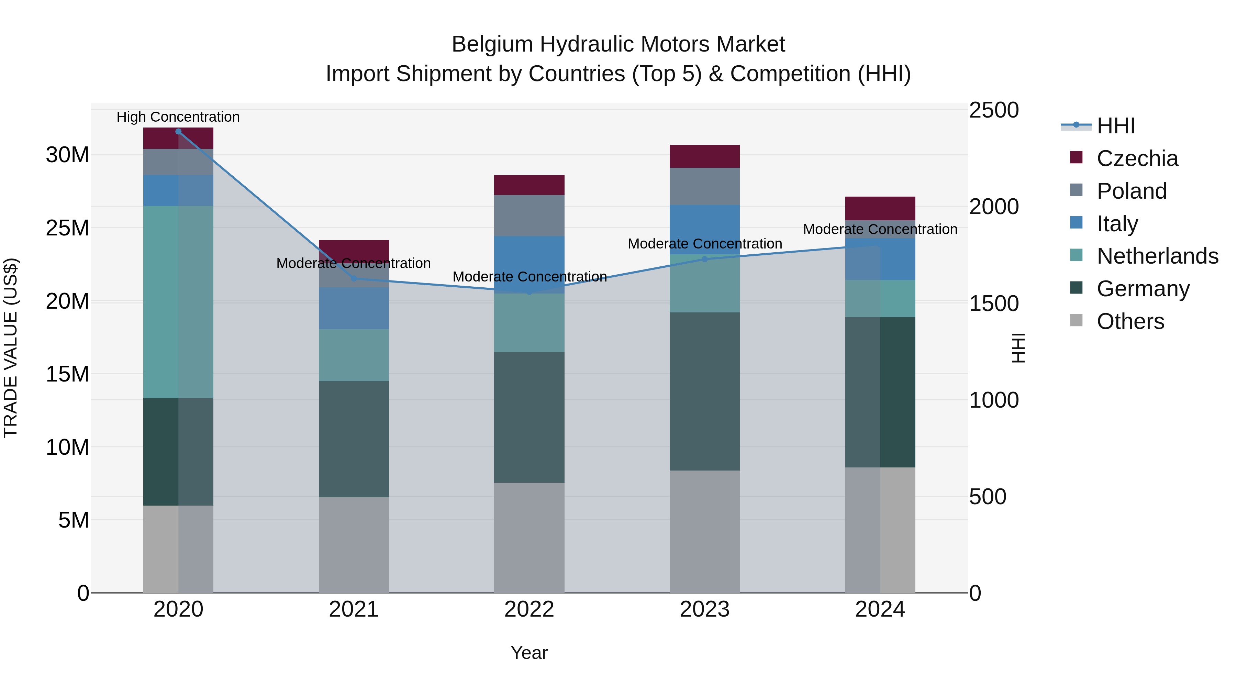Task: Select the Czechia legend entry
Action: pos(1137,158)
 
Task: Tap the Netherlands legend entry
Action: pos(1157,256)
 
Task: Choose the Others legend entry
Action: pos(1130,321)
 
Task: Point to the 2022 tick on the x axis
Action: pos(529,609)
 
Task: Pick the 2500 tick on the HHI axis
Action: pos(993,110)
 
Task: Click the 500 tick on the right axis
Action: pos(987,497)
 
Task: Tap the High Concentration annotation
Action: pos(178,117)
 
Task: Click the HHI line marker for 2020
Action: pos(178,131)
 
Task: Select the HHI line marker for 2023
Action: pos(704,259)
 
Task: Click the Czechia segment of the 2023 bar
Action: pos(704,156)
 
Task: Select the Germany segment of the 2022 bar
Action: pos(529,417)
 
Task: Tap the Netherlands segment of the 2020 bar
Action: pos(178,302)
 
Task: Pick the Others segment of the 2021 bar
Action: pos(354,545)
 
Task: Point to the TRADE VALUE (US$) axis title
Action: pos(11,348)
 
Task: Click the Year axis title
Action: pos(529,653)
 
